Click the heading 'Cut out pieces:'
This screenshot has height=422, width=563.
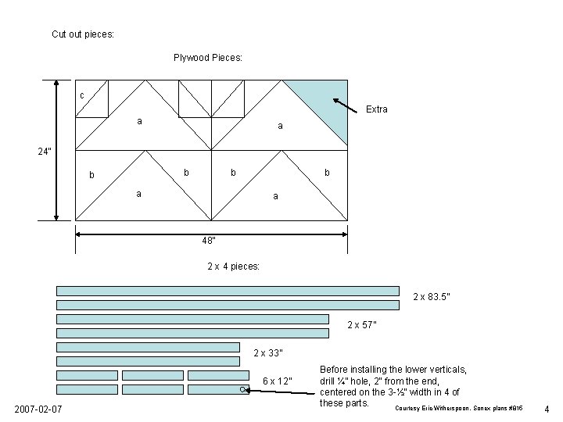(x=82, y=34)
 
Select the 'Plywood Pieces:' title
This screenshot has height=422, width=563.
(x=207, y=58)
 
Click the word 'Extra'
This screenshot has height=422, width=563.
(x=376, y=109)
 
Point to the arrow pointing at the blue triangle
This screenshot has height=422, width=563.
(x=347, y=106)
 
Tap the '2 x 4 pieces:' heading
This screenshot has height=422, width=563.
(x=233, y=266)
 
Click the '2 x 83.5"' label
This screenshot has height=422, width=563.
(x=431, y=297)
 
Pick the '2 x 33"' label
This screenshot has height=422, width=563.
(x=269, y=353)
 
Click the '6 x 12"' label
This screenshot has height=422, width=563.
(x=277, y=381)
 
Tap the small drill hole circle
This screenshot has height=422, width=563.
(x=243, y=388)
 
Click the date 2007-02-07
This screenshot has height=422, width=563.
(x=38, y=410)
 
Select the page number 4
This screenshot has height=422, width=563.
(x=547, y=409)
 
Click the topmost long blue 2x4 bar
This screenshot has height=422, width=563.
(x=227, y=290)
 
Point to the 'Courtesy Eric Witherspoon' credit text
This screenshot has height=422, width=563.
(x=461, y=409)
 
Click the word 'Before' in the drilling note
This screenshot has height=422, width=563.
(x=337, y=369)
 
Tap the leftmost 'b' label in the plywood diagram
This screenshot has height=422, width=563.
(x=92, y=176)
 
